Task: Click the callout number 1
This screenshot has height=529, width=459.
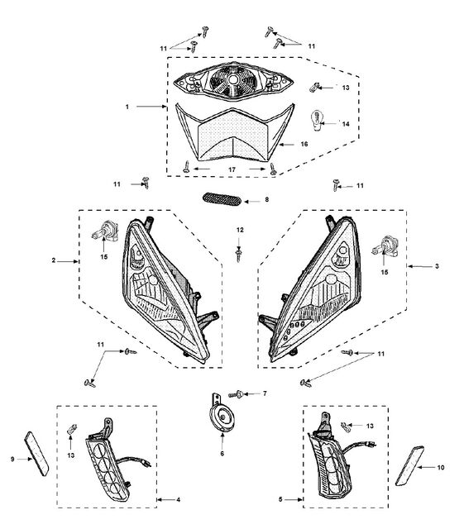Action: pyautogui.click(x=127, y=107)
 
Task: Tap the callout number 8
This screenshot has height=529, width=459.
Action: pyautogui.click(x=267, y=199)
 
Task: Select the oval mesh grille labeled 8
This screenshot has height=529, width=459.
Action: pyautogui.click(x=222, y=199)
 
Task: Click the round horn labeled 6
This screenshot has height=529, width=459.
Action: pyautogui.click(x=221, y=419)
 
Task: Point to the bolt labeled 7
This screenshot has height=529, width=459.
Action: pyautogui.click(x=236, y=394)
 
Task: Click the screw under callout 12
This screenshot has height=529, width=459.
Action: pyautogui.click(x=239, y=255)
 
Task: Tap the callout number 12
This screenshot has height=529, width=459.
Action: pyautogui.click(x=240, y=230)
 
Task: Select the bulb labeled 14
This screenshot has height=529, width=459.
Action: pyautogui.click(x=317, y=121)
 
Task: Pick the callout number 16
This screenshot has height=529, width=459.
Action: pyautogui.click(x=304, y=144)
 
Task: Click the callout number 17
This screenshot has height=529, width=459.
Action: pyautogui.click(x=232, y=169)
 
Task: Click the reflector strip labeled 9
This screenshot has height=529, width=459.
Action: pyautogui.click(x=36, y=454)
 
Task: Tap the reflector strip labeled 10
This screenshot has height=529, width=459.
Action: pyautogui.click(x=409, y=466)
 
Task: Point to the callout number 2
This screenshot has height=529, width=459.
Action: pyautogui.click(x=53, y=260)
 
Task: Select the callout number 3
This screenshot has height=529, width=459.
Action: pyautogui.click(x=437, y=266)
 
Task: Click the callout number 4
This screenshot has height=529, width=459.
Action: pyautogui.click(x=178, y=499)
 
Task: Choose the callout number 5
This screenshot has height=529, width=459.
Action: pyautogui.click(x=280, y=499)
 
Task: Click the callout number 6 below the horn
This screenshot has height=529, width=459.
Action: pyautogui.click(x=222, y=454)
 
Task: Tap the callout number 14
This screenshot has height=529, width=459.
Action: pyautogui.click(x=346, y=124)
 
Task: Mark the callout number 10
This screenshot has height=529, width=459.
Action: pyautogui.click(x=441, y=468)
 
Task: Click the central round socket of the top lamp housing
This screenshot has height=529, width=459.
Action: pyautogui.click(x=232, y=80)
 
